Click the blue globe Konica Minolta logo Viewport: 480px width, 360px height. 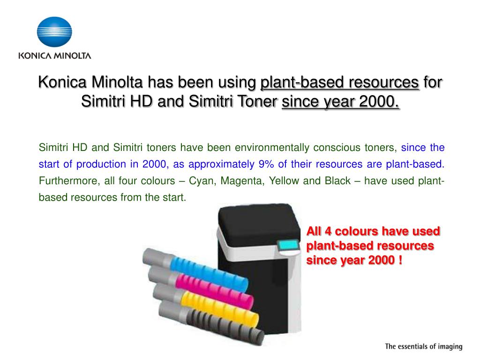click(x=54, y=32)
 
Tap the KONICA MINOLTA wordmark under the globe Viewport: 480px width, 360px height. click(x=54, y=55)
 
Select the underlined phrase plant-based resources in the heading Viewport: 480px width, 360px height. click(x=340, y=82)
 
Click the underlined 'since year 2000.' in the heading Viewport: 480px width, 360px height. click(x=340, y=101)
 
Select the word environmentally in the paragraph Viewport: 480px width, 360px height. click(x=272, y=148)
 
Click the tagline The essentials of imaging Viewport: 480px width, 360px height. click(x=423, y=347)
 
